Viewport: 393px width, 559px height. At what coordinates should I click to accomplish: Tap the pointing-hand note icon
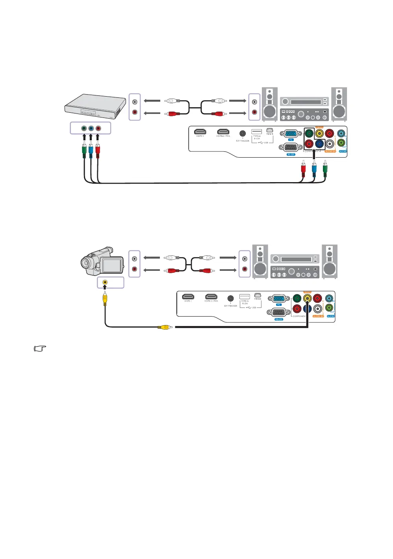(x=40, y=348)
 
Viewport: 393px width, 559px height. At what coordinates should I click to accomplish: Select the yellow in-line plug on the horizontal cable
(x=164, y=327)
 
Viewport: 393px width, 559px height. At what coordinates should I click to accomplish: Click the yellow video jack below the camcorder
(x=105, y=282)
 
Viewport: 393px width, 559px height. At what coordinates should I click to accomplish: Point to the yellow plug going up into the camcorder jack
(x=105, y=299)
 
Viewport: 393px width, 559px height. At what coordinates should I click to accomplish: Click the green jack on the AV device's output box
(x=84, y=128)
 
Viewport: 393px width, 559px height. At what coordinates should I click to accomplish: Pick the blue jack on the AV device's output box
(x=91, y=128)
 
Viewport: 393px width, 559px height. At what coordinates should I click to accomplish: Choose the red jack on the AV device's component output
(x=98, y=128)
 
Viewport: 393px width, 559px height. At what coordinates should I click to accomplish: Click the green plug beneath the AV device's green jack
(x=84, y=151)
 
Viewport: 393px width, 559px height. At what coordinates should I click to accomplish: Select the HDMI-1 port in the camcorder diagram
(x=188, y=296)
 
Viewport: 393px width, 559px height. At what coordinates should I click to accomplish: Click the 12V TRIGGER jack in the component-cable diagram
(x=243, y=134)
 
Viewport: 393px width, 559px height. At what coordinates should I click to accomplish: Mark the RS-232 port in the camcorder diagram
(x=278, y=312)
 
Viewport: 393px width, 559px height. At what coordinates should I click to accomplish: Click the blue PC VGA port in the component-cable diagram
(x=291, y=134)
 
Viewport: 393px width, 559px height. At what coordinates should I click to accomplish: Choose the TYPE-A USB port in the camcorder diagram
(x=245, y=296)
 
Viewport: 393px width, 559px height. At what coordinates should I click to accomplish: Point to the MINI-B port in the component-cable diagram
(x=270, y=130)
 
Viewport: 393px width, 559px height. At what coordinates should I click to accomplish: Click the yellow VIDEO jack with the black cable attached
(x=307, y=299)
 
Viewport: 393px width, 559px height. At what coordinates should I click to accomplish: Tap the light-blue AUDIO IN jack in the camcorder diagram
(x=329, y=298)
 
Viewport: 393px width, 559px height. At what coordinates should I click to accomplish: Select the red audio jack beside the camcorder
(x=135, y=269)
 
